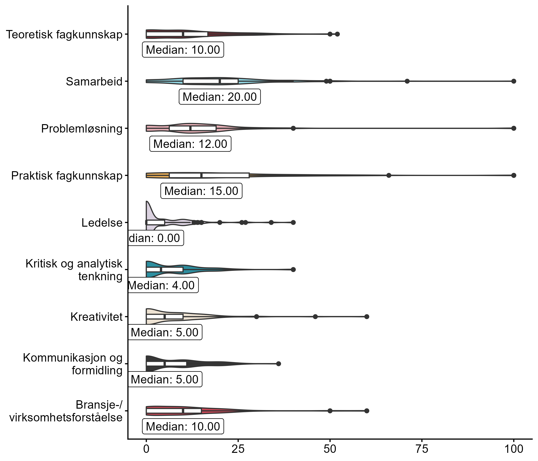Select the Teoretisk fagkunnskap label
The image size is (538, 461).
[x=64, y=35]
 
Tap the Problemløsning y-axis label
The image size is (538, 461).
[x=81, y=128]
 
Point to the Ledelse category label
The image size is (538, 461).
[x=102, y=223]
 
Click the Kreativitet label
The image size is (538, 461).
[x=96, y=317]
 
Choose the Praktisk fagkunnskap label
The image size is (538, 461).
[x=67, y=176]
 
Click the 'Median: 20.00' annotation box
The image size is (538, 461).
[x=220, y=97]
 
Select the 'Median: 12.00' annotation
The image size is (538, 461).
[x=190, y=144]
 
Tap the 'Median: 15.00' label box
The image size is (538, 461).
[x=201, y=191]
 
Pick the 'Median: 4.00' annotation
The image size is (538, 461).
[x=163, y=285]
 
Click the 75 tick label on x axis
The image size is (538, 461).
[x=422, y=449]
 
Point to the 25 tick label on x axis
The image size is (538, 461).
[x=238, y=449]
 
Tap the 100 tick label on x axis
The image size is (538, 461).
[x=513, y=449]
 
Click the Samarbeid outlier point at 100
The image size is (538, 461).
[x=514, y=81]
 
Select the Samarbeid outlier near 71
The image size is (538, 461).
[x=407, y=81]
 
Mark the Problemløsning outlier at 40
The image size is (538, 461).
[x=293, y=128]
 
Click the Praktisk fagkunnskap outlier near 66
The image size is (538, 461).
[x=389, y=176]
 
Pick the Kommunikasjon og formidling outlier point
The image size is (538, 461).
[x=278, y=364]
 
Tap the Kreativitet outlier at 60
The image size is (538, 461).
[x=367, y=317]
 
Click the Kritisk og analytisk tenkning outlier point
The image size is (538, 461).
[x=293, y=269]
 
